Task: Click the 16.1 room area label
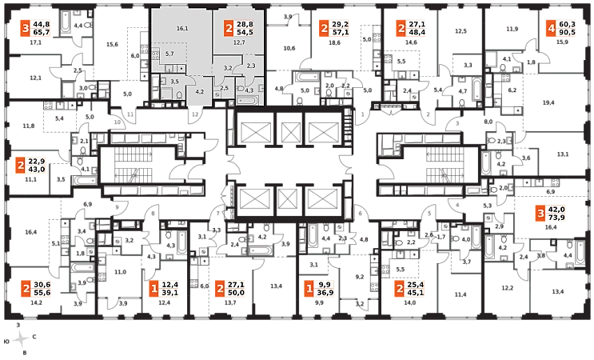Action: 181,29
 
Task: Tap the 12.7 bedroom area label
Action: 238,42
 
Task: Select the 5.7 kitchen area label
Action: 169,54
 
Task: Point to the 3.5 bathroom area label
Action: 174,82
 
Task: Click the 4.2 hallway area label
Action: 200,92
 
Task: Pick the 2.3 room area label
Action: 250,66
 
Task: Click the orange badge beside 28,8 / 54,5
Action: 229,29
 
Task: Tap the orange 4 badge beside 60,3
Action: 551,30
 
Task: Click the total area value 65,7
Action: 42,34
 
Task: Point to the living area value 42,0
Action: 556,210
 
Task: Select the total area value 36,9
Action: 326,292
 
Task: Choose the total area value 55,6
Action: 42,293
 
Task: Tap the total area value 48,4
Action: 417,34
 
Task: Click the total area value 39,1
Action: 170,293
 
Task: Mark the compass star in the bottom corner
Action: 22,339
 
